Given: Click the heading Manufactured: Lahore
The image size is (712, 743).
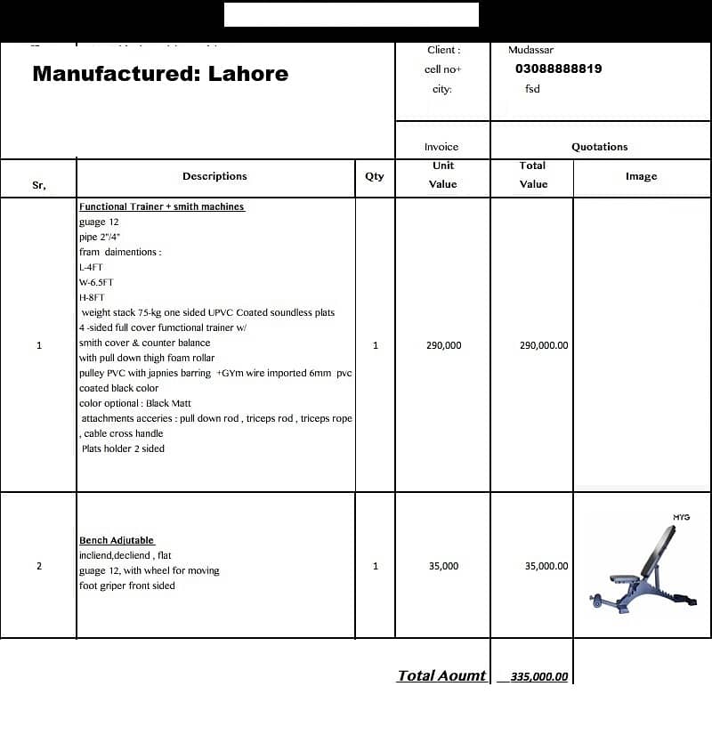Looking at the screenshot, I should coord(160,74).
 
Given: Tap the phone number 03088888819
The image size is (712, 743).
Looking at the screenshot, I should coord(558,69).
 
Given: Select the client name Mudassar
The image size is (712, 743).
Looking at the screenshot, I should coord(530,50).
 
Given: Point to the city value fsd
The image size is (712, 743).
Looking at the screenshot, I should coord(532,89).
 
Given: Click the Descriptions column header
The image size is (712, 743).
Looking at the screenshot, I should coord(214,176).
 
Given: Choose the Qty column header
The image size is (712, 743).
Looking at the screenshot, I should coord(375,176).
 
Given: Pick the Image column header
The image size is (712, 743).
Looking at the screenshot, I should coord(641,176).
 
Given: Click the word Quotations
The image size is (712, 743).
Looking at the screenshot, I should coord(599,147).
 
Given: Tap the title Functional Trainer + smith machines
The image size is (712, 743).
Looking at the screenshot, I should coord(161,206).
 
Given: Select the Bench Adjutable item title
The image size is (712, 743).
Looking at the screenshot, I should coord(117,540).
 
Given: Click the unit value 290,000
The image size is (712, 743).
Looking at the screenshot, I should coord(444,345).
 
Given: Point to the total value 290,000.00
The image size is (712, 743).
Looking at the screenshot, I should coord(543,345).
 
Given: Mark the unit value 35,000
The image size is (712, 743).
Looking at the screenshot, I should coord(443,566).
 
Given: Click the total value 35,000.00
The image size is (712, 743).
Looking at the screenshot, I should coord(546,566).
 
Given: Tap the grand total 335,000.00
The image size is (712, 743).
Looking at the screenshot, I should coord(539,676).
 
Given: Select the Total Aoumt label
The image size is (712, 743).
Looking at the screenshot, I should coord(441,675).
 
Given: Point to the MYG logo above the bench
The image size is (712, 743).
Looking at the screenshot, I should coord(681,517).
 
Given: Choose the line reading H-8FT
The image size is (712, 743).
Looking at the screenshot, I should coord(92,297).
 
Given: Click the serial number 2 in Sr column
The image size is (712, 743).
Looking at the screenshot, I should coord(38,566).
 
